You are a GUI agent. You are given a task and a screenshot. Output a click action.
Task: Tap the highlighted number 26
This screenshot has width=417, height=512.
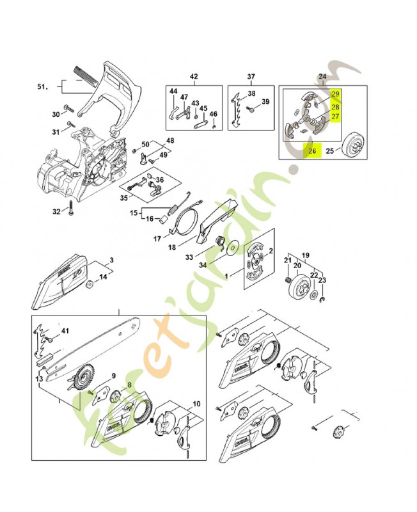point(312,152)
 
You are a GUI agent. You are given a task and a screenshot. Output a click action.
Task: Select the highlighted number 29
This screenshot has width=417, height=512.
point(335,95)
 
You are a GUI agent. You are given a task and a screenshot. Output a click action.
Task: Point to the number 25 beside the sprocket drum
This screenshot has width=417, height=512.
point(329,152)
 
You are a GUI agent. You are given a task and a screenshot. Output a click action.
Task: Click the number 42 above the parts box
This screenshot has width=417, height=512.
point(194,77)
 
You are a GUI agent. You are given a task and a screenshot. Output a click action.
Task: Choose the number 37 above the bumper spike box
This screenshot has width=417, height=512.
point(251,77)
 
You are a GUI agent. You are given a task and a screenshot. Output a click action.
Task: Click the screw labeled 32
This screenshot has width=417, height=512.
point(72,211)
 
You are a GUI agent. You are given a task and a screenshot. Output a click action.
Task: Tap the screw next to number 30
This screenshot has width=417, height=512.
point(68,108)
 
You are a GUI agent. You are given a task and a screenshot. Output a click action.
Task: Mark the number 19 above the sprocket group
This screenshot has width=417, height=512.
point(306,254)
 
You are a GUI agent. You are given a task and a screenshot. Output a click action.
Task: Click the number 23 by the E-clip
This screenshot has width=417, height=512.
point(322,280)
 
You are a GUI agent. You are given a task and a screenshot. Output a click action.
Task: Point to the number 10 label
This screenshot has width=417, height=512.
point(196,404)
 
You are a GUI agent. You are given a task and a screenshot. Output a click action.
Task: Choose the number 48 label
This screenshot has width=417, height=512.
point(169,140)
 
